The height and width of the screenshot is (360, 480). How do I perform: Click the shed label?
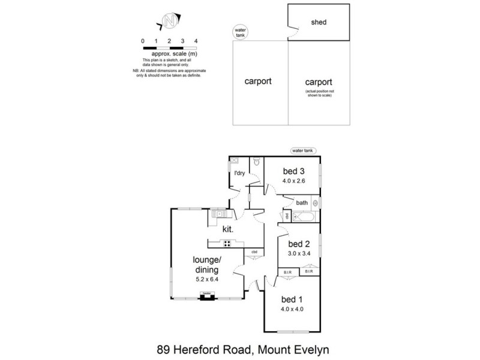point(318,23)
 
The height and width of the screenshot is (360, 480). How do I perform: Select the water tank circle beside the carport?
point(240,32)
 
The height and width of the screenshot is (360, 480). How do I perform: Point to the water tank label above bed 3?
point(302,151)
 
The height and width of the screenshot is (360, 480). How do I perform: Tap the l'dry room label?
point(239,173)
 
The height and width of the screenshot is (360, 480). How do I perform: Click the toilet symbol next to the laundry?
point(257,161)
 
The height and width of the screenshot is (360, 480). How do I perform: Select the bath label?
point(301,203)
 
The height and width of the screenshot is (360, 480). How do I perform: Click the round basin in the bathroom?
point(315,203)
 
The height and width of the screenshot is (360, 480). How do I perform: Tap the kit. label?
point(227,229)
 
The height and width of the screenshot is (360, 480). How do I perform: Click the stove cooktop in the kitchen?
point(228,243)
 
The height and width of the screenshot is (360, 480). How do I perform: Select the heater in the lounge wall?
point(206,296)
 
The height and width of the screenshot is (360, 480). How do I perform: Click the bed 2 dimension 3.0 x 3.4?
point(298,254)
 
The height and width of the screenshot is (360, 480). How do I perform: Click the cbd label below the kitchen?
point(254,252)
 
